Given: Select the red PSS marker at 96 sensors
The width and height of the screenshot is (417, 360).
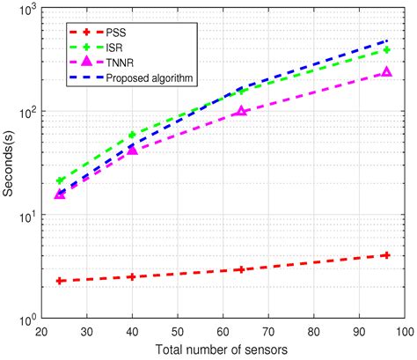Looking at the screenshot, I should click(386, 255).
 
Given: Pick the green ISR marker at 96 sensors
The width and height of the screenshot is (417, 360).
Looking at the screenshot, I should click(386, 50).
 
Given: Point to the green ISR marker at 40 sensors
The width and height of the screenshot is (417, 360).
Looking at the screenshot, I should click(133, 136).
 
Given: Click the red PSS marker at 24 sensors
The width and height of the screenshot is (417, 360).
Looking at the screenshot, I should click(60, 281).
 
